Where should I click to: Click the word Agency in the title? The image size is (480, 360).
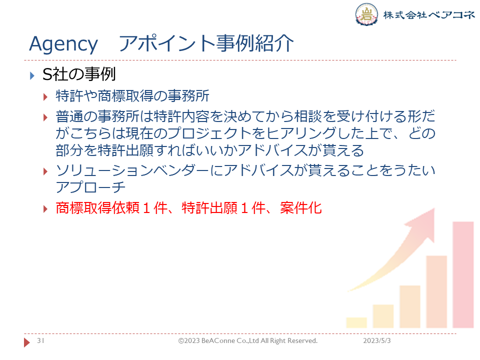[x=63, y=44]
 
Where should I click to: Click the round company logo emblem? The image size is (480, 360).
[x=366, y=14]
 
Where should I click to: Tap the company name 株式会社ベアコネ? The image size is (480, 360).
[x=428, y=14]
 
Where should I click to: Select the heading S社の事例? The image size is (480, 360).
[x=79, y=74]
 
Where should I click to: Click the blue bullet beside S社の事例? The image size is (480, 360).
[x=32, y=75]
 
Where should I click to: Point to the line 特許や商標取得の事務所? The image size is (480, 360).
[x=132, y=96]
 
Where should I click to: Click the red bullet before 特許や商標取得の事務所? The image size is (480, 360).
[x=45, y=97]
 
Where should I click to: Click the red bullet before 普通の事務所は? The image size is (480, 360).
[x=45, y=117]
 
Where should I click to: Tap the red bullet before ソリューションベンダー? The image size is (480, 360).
[x=45, y=171]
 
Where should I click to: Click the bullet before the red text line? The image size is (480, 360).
[x=45, y=209]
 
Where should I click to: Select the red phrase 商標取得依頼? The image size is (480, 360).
[x=97, y=208]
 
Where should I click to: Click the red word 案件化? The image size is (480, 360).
[x=301, y=208]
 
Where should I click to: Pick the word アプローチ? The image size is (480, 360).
[x=90, y=187]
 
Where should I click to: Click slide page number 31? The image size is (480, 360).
[x=40, y=340]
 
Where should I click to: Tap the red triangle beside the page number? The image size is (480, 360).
[x=27, y=342]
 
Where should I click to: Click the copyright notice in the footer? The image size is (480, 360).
[x=248, y=340]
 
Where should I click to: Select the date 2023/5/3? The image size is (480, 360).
[x=377, y=340]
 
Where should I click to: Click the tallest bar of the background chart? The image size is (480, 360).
[x=463, y=274]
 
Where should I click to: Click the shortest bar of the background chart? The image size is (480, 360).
[x=356, y=322]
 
